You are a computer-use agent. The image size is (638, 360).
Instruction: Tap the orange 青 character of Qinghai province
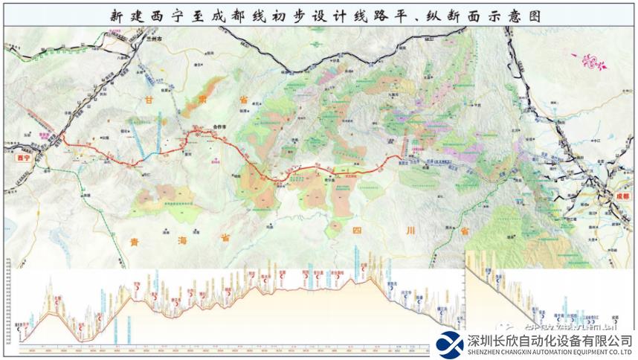point(134,240)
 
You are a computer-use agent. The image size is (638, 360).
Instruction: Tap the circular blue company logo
point(450,344)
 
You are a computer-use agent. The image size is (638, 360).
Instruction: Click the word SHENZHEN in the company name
point(487,352)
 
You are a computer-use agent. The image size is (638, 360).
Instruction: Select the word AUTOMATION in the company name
point(554,352)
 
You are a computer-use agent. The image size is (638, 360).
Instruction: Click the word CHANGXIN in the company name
point(520,352)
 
